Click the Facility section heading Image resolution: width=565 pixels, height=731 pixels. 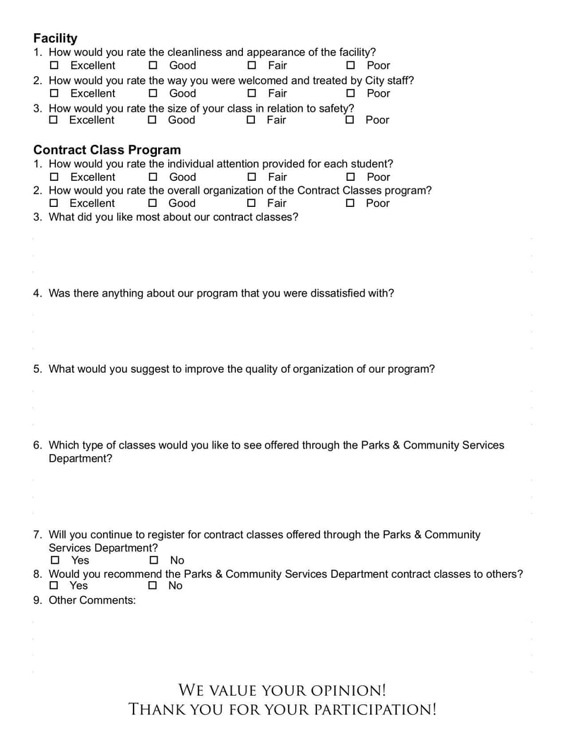(55, 38)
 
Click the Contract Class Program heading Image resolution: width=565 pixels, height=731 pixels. (107, 150)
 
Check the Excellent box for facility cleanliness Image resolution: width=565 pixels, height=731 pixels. (54, 66)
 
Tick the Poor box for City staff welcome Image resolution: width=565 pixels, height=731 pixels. (350, 93)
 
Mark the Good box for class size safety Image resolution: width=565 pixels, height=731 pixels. (152, 120)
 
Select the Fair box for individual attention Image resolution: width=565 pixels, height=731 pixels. (251, 177)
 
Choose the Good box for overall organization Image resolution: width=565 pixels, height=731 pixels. (153, 203)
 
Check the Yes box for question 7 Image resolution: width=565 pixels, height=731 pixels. (54, 561)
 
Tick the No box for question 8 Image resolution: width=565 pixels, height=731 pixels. (152, 586)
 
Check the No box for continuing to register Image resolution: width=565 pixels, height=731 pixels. (153, 561)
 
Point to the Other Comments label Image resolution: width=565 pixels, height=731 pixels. (92, 600)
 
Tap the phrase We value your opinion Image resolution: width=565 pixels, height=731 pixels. (282, 690)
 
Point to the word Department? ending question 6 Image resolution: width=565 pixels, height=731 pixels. (80, 458)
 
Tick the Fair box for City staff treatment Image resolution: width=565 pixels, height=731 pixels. (251, 93)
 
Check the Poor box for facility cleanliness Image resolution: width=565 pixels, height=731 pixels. (350, 66)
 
